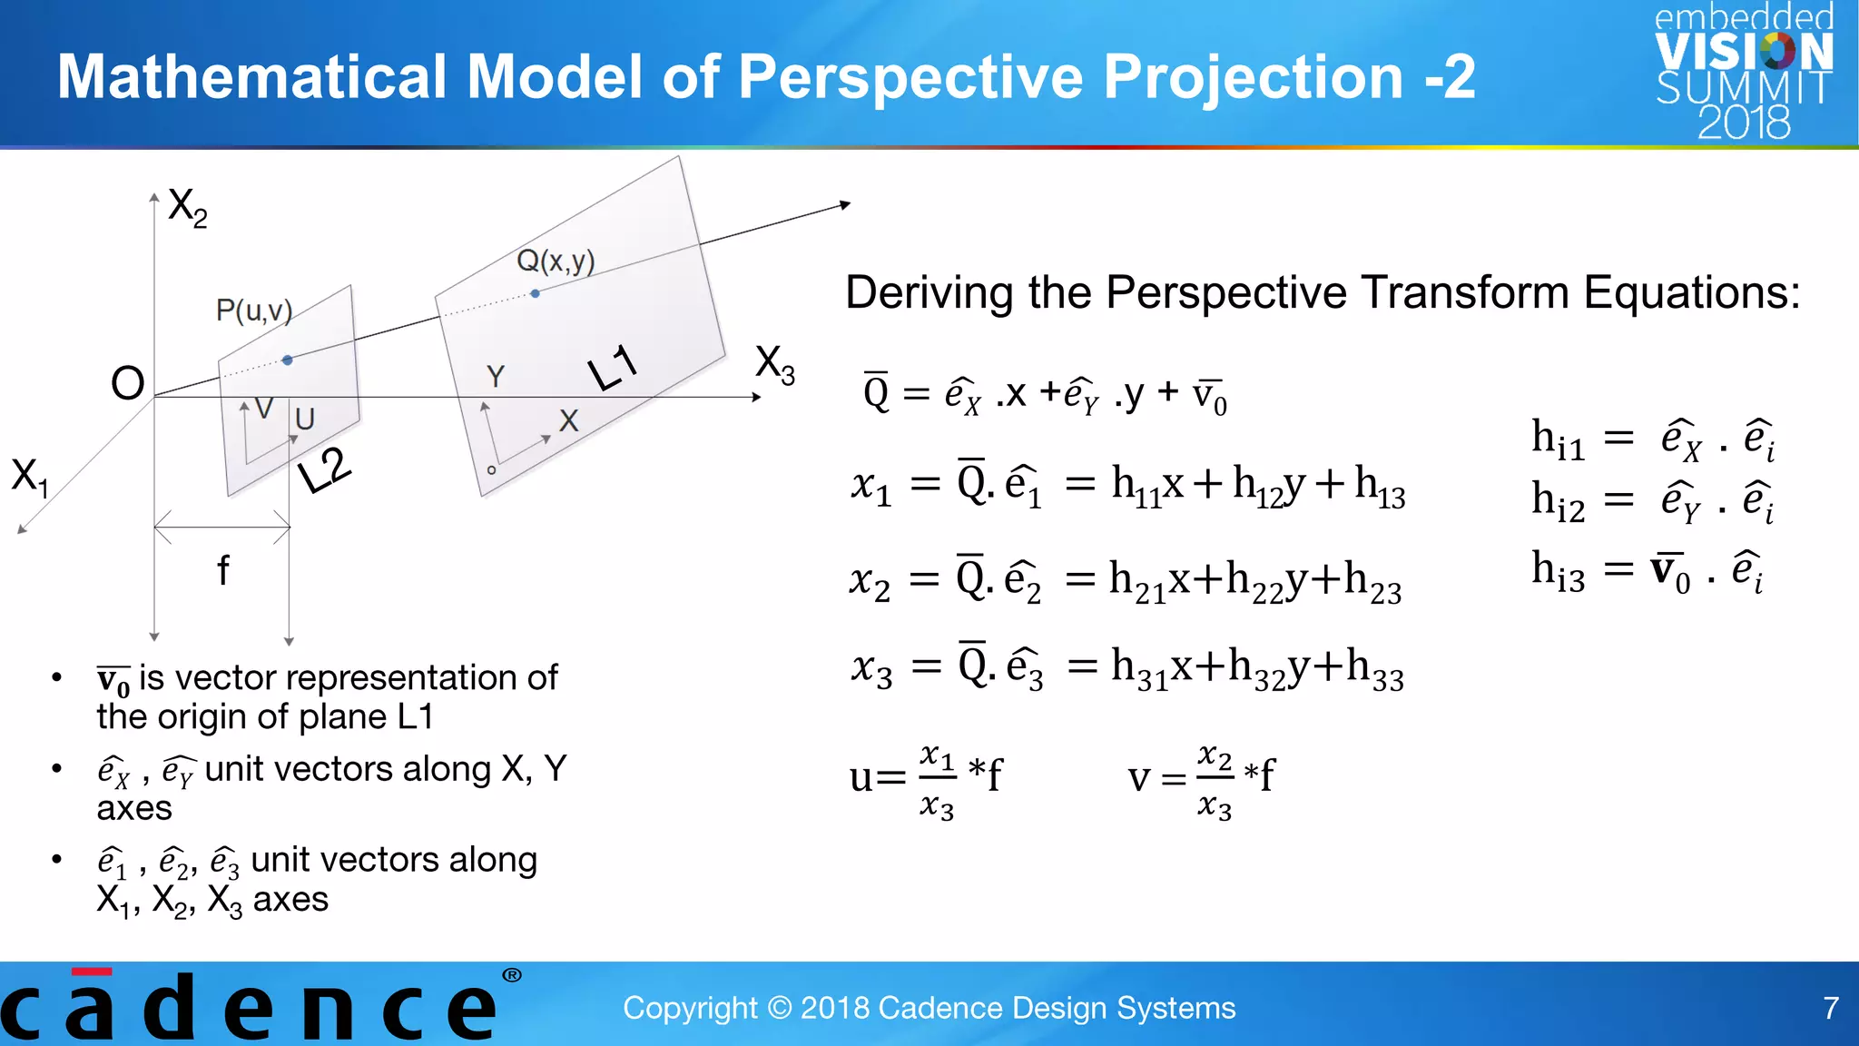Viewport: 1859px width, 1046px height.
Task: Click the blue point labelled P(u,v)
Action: [x=288, y=360]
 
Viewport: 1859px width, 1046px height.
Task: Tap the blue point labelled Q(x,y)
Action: [x=536, y=293]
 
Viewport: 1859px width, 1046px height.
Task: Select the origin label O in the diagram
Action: [x=128, y=383]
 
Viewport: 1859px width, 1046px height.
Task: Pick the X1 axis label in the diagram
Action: [x=29, y=476]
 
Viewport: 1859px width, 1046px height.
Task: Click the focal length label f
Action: [x=222, y=571]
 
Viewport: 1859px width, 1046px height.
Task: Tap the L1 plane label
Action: [x=613, y=368]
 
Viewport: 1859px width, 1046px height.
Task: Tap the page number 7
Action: [x=1831, y=1008]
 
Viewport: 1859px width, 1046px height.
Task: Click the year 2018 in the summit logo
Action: [x=1744, y=122]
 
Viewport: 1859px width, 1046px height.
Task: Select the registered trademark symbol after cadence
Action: [x=512, y=975]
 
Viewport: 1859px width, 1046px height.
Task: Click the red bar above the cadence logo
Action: [x=92, y=972]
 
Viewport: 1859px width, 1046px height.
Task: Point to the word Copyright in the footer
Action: [x=690, y=1008]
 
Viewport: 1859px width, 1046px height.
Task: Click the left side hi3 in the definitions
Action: [x=1559, y=572]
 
